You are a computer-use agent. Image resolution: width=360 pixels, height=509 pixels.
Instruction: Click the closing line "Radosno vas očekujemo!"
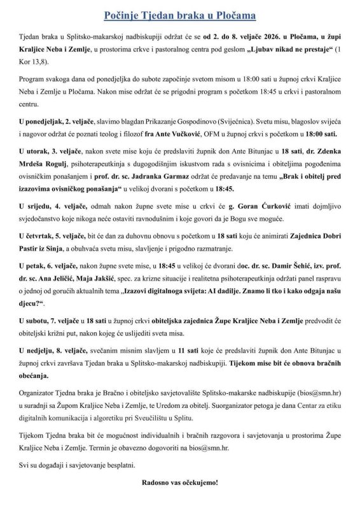pyautogui.click(x=179, y=483)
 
